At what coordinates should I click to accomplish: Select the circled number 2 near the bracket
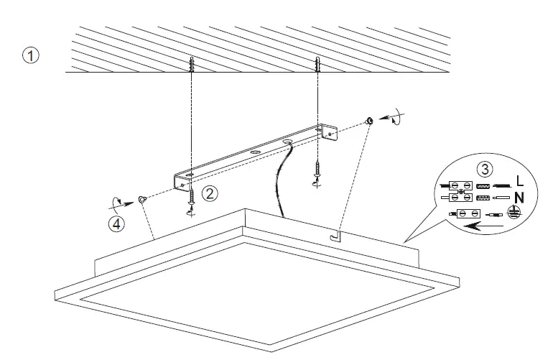[209, 192]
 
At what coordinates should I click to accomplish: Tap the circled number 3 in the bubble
[486, 170]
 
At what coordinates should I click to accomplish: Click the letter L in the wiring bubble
[519, 185]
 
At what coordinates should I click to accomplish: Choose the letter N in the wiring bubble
[519, 198]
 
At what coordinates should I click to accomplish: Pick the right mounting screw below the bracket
[317, 175]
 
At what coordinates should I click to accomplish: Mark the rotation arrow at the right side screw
[394, 117]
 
